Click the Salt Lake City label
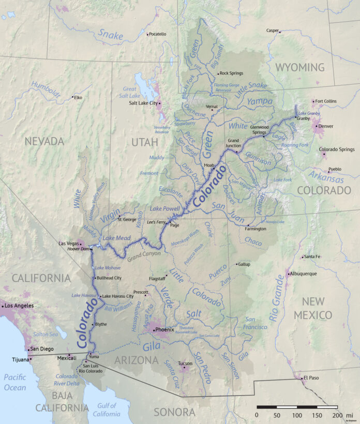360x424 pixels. click(x=143, y=103)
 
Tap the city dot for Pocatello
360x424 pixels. click(x=147, y=34)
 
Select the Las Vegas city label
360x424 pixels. click(x=68, y=243)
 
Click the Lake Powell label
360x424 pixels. click(x=163, y=208)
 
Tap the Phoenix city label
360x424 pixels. click(x=166, y=329)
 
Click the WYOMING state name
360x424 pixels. click(x=300, y=67)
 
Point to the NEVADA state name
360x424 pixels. click(x=44, y=141)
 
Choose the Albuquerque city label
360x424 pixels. click(x=306, y=274)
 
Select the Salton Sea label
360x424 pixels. click(x=44, y=335)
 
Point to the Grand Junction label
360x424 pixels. click(x=234, y=143)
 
